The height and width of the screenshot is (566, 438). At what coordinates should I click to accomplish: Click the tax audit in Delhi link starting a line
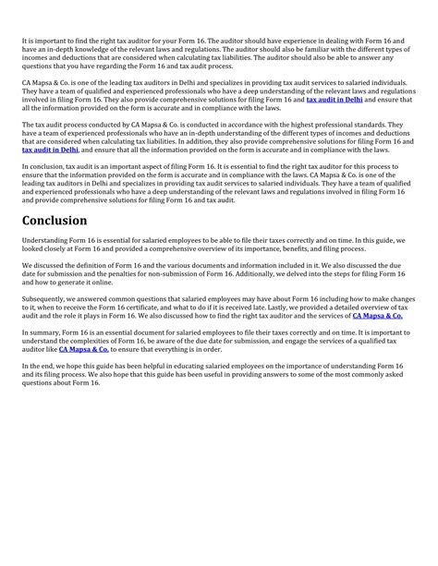click(x=50, y=148)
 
